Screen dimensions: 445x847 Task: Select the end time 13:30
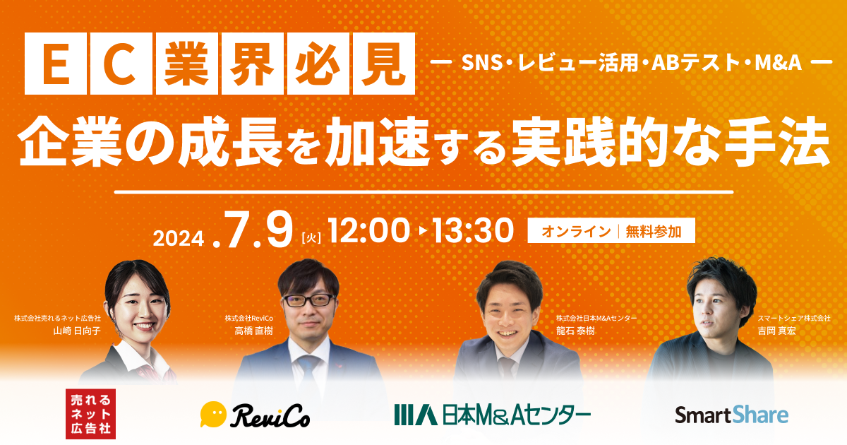point(474,231)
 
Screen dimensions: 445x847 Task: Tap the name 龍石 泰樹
point(576,331)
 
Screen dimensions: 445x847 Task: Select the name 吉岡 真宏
point(776,331)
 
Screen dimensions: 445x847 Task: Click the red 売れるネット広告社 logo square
point(90,413)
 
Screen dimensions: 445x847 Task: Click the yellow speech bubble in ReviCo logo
point(213,414)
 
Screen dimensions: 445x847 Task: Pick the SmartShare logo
point(731,415)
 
